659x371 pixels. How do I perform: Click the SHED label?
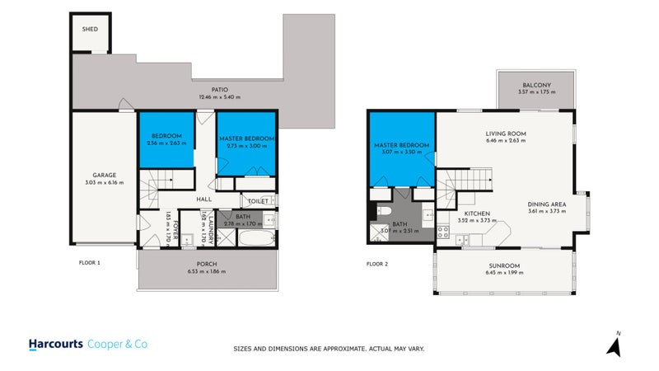(90, 30)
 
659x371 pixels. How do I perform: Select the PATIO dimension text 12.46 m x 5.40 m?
(219, 97)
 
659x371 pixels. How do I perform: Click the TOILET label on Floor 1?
(256, 200)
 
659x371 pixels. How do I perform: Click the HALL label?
(205, 200)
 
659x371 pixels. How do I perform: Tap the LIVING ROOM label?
(506, 134)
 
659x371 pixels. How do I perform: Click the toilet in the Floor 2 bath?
(386, 213)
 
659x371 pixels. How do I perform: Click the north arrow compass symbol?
(614, 344)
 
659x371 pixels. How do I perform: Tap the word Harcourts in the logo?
(54, 344)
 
